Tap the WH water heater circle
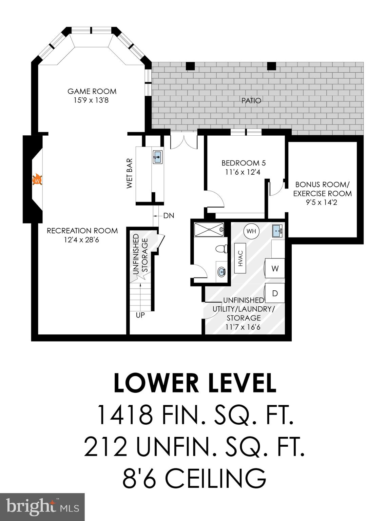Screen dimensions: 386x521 click(x=251, y=231)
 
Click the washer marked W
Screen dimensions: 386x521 click(x=275, y=269)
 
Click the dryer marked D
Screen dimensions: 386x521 click(x=275, y=293)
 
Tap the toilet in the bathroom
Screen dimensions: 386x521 click(x=221, y=249)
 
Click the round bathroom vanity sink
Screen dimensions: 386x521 click(x=222, y=271)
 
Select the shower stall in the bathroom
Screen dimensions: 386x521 click(x=209, y=229)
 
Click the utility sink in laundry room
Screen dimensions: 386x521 click(x=278, y=231)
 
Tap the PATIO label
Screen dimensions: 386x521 click(x=251, y=101)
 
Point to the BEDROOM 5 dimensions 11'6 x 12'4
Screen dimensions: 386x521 click(x=243, y=172)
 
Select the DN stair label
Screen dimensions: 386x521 click(x=169, y=216)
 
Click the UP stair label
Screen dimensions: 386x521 click(x=140, y=315)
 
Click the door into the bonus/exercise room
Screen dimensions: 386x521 click(x=276, y=189)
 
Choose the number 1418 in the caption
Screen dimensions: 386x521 click(x=124, y=415)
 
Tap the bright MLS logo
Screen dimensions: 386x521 click(x=42, y=507)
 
